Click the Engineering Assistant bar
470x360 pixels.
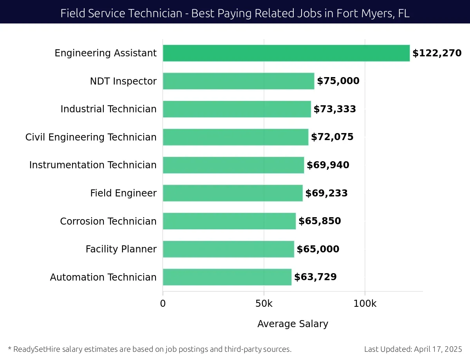[x=286, y=53]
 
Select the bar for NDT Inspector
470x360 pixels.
[x=238, y=81]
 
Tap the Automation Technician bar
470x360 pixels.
[x=227, y=277]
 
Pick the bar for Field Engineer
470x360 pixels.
[x=233, y=193]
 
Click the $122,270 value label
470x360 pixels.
[x=437, y=53]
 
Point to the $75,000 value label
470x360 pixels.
[x=338, y=81]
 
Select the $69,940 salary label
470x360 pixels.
[x=328, y=165]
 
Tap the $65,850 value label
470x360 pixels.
[x=320, y=221]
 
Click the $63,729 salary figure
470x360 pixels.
[x=315, y=277]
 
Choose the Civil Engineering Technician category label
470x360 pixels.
[x=91, y=137]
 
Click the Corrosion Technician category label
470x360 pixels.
[x=108, y=221]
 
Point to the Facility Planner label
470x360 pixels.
[x=121, y=249]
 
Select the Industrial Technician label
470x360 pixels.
[x=108, y=109]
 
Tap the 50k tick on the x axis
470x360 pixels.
[x=264, y=303]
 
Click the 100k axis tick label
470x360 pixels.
[x=365, y=303]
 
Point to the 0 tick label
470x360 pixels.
[x=163, y=303]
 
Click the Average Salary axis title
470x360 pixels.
[x=293, y=324]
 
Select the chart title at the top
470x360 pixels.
[x=235, y=13]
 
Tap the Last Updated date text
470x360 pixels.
[x=413, y=349]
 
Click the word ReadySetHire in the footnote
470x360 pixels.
[x=35, y=349]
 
